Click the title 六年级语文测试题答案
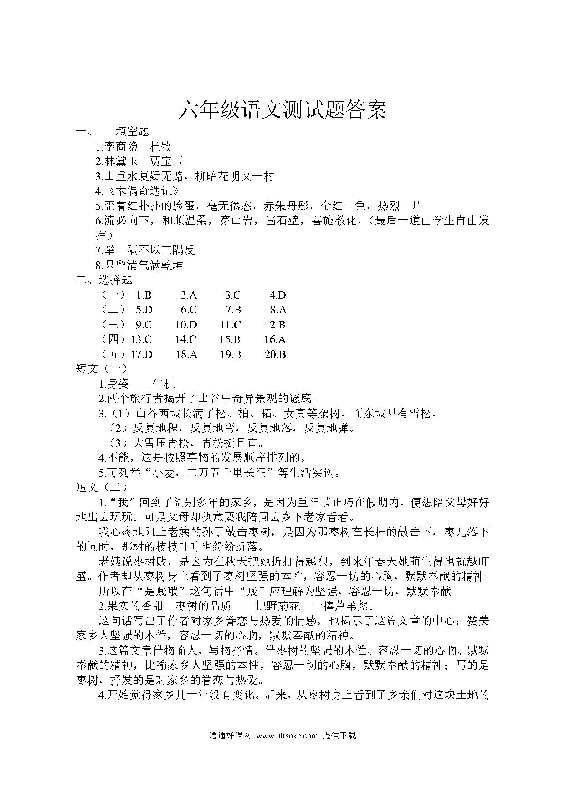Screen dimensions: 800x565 coord(282,110)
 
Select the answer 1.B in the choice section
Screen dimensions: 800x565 coord(143,296)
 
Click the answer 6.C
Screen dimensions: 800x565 coord(188,310)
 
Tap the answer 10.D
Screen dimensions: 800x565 coord(186,325)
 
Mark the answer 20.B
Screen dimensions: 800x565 coord(275,354)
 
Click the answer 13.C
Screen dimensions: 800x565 coord(141,339)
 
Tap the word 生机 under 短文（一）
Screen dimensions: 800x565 coord(164,384)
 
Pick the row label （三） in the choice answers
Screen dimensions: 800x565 coord(113,325)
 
